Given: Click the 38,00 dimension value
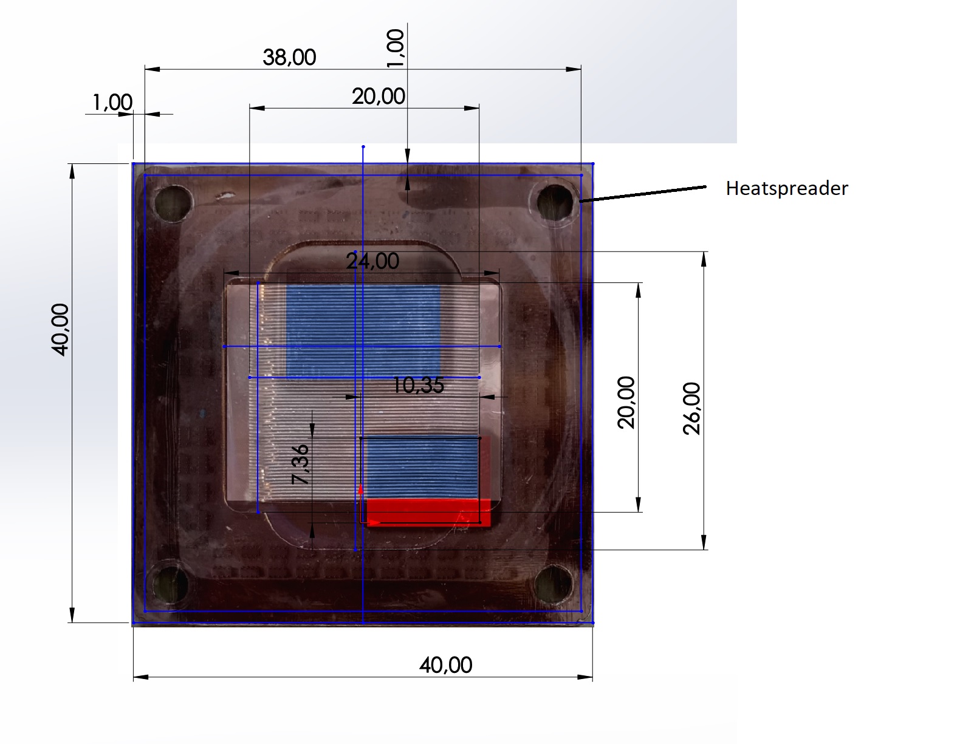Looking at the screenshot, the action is click(289, 58).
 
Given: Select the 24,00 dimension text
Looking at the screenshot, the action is click(372, 261).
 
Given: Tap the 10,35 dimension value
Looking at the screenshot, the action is click(418, 385).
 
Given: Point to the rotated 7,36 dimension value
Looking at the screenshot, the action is click(300, 464).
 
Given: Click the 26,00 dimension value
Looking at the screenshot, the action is click(691, 409).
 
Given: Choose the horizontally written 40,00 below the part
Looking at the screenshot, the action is click(446, 665).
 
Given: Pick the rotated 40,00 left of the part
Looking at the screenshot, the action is click(60, 330).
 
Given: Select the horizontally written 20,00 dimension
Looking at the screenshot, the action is click(378, 96).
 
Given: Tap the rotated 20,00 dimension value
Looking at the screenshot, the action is click(626, 402).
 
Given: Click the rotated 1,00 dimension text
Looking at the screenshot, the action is click(395, 48).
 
